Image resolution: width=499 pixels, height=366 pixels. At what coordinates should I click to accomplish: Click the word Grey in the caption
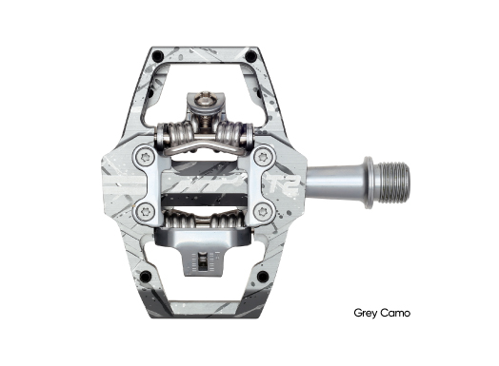click(x=366, y=314)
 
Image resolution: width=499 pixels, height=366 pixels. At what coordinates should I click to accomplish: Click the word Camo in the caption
click(x=395, y=313)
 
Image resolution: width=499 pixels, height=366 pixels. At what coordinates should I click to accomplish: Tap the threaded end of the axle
click(x=393, y=183)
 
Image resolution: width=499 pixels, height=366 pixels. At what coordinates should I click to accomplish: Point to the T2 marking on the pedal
click(x=284, y=184)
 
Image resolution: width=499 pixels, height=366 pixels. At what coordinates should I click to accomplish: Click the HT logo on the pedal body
click(x=210, y=183)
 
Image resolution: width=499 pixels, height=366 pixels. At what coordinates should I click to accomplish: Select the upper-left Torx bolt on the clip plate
click(x=145, y=157)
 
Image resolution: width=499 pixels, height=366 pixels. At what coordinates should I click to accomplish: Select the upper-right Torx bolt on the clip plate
click(x=263, y=157)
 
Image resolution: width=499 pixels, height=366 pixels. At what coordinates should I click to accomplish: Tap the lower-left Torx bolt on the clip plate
click(x=145, y=211)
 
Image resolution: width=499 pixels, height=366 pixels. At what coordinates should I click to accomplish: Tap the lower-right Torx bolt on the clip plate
click(x=263, y=211)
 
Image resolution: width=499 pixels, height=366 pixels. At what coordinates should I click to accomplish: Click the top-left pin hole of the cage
click(x=158, y=56)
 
